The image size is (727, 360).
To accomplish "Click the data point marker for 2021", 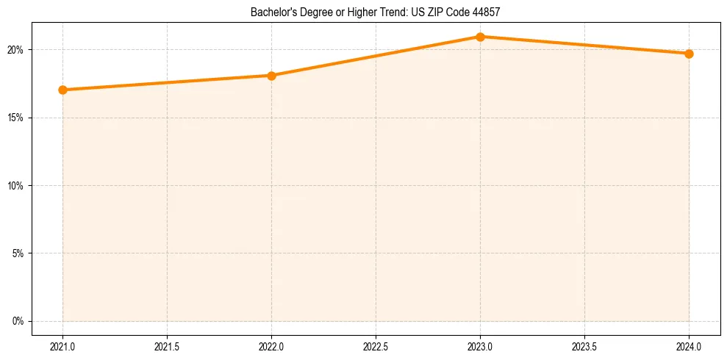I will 62,90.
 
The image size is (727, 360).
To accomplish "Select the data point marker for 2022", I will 271,75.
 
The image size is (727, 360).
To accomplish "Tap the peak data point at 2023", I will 480,36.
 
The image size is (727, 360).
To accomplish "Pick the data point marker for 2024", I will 689,54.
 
